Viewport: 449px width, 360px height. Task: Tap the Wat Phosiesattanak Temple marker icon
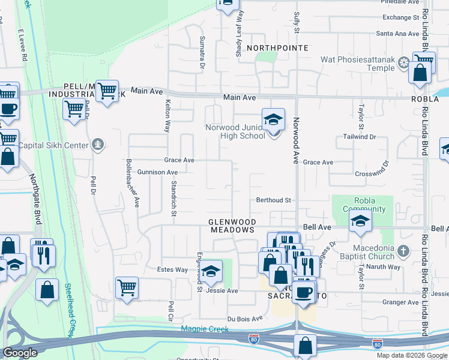click(x=404, y=63)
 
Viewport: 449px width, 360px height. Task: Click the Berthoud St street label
click(x=273, y=200)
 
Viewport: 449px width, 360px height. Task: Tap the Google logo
click(x=20, y=352)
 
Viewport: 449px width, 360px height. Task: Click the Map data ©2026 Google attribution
click(x=412, y=355)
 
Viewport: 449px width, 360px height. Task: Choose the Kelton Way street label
click(x=167, y=115)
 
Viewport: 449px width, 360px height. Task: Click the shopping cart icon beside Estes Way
click(x=127, y=288)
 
